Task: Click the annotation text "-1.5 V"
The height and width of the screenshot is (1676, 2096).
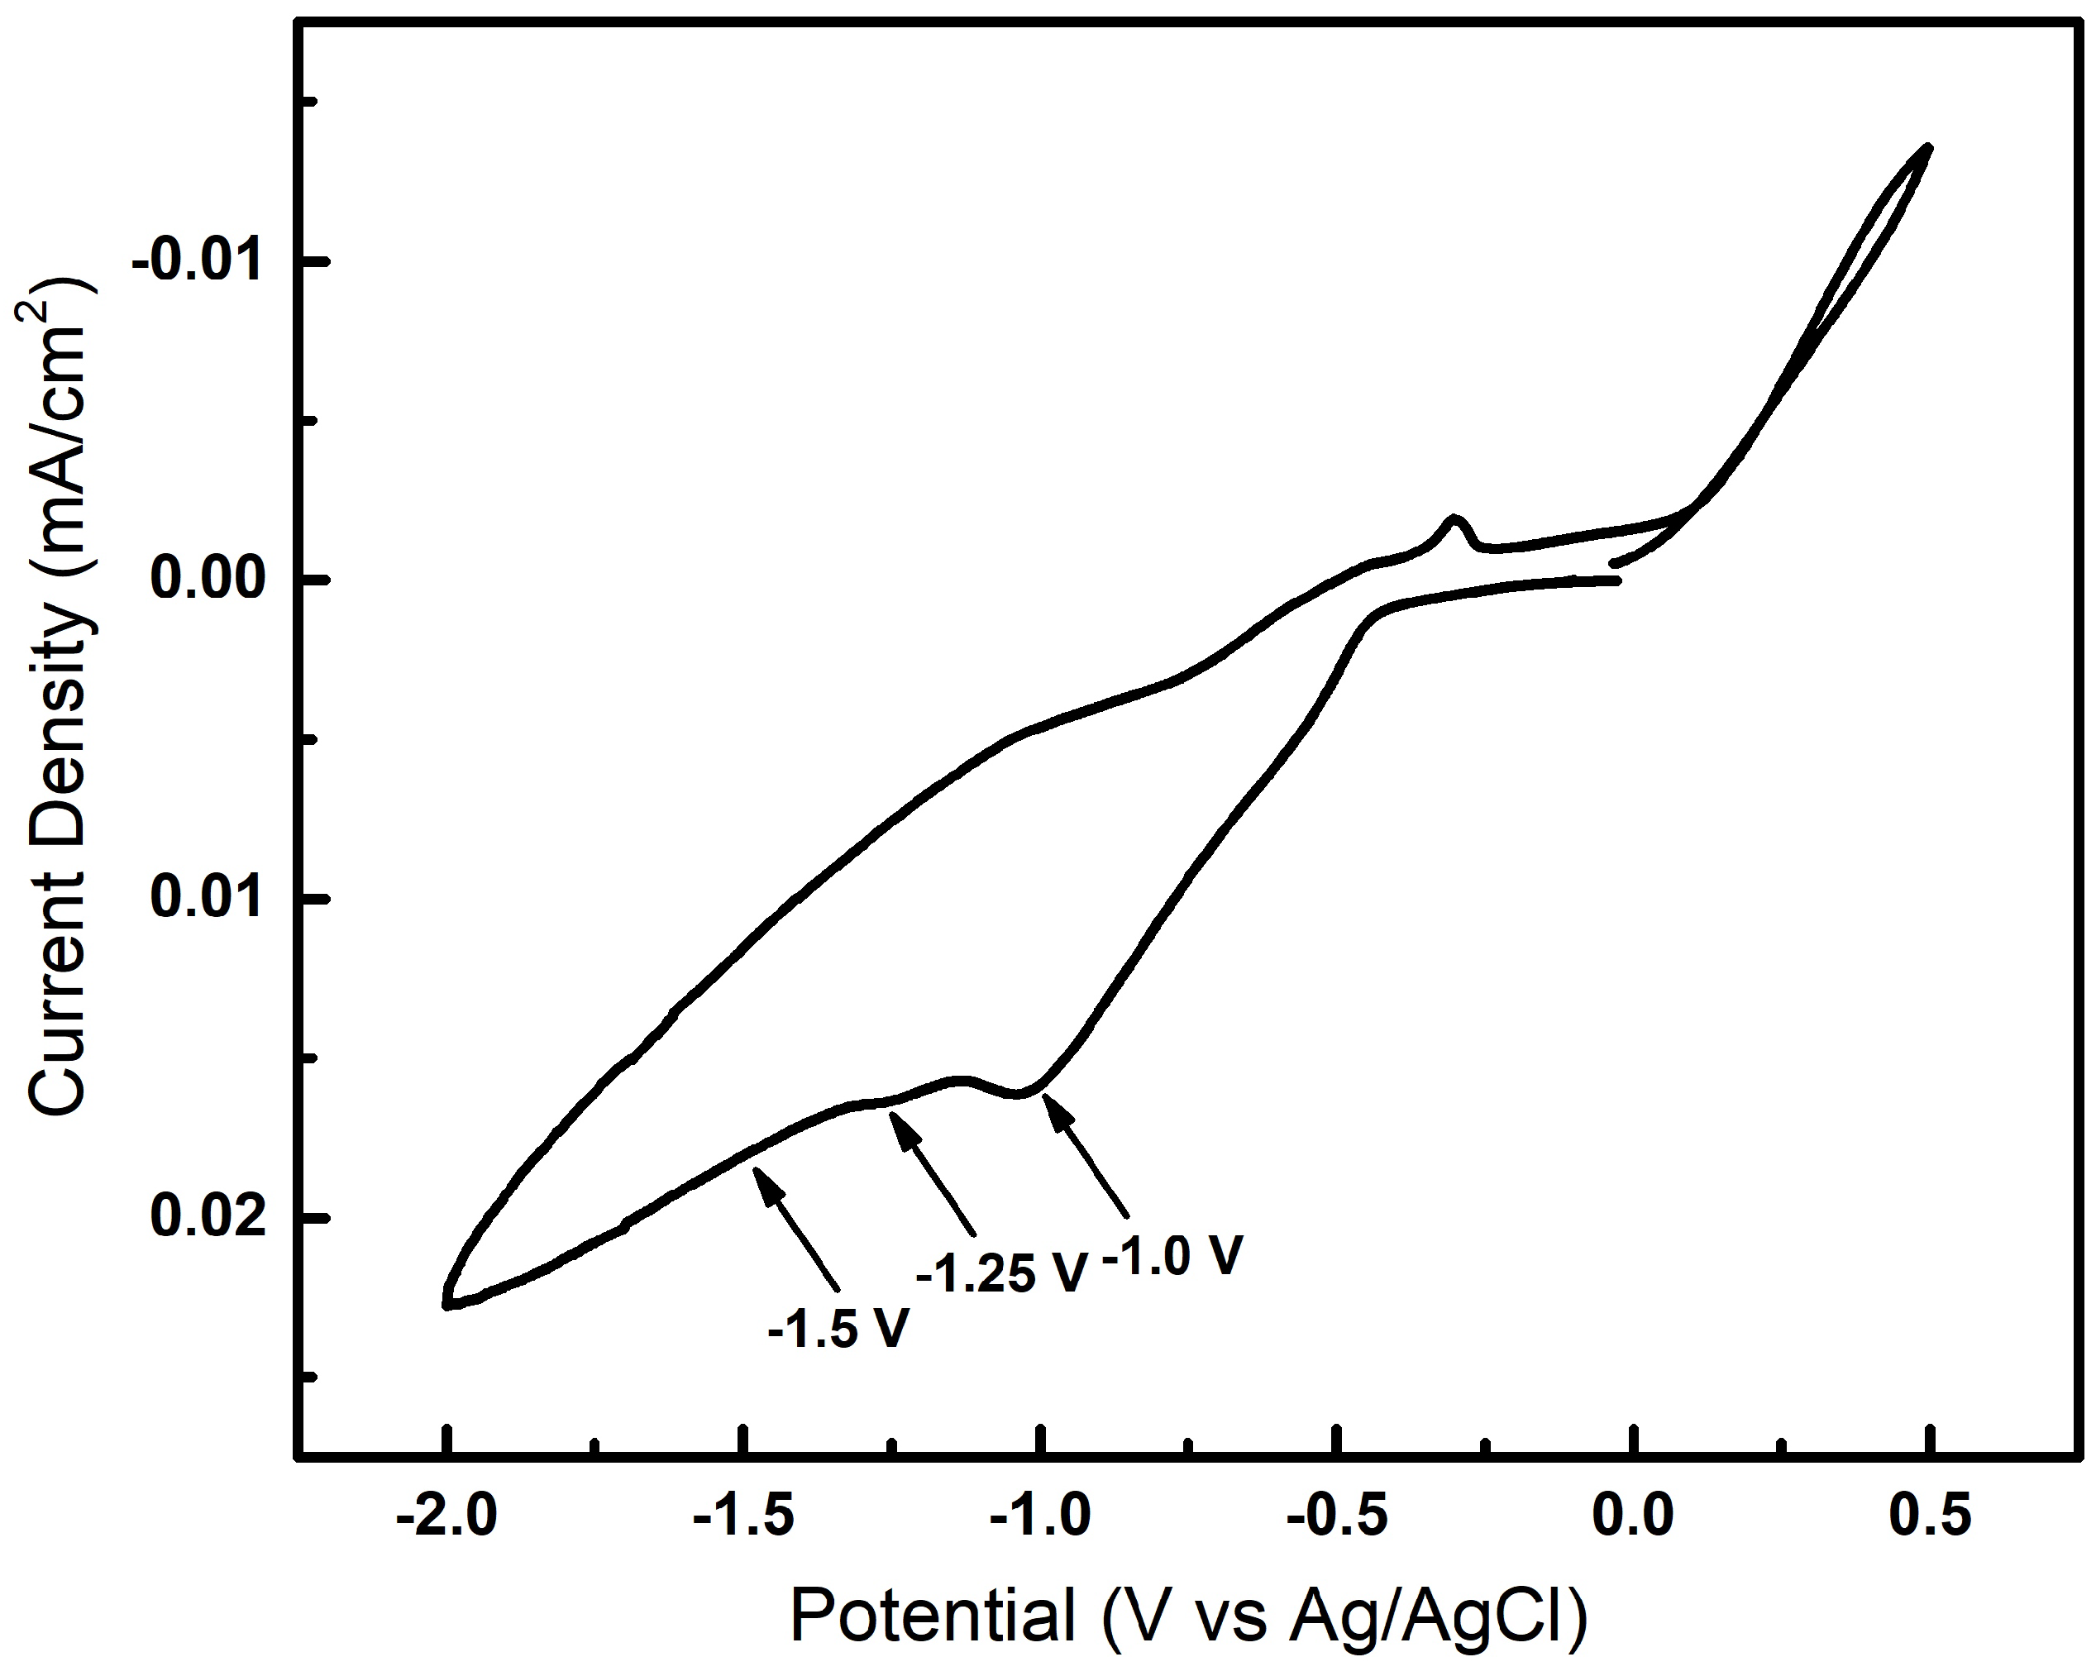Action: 838,1328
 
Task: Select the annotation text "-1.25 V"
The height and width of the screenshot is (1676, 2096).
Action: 1000,1273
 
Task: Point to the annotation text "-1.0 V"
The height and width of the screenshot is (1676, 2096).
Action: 1172,1255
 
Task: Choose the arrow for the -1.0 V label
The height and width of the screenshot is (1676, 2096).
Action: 1085,1155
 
